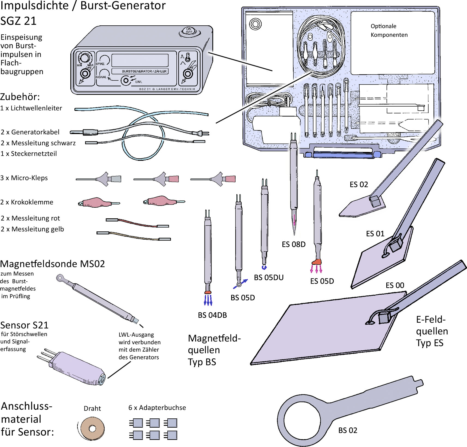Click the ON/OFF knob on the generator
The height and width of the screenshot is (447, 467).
point(189,31)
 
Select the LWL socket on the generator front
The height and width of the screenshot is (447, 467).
point(126,80)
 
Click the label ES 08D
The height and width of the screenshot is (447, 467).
point(293,244)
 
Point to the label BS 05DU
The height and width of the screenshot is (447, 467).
point(269,277)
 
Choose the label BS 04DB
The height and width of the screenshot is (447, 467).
point(212,315)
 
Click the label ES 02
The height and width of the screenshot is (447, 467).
point(358,185)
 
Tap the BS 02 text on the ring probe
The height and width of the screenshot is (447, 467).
point(348,430)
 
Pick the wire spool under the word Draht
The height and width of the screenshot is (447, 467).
point(92,428)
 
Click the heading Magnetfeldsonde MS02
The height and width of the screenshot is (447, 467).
point(52,264)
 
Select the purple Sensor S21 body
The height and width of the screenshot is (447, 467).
point(76,367)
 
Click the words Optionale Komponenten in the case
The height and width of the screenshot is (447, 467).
point(389,30)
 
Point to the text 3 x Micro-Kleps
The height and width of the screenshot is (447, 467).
point(24,178)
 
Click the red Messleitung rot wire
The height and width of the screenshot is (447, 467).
point(136,223)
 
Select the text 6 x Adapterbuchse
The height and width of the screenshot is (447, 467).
point(157,407)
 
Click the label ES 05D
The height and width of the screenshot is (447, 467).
point(322,281)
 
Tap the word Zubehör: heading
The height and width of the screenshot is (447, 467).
point(20,97)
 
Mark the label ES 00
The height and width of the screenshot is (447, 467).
point(395,285)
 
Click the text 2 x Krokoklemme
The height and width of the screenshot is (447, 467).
point(27,202)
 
